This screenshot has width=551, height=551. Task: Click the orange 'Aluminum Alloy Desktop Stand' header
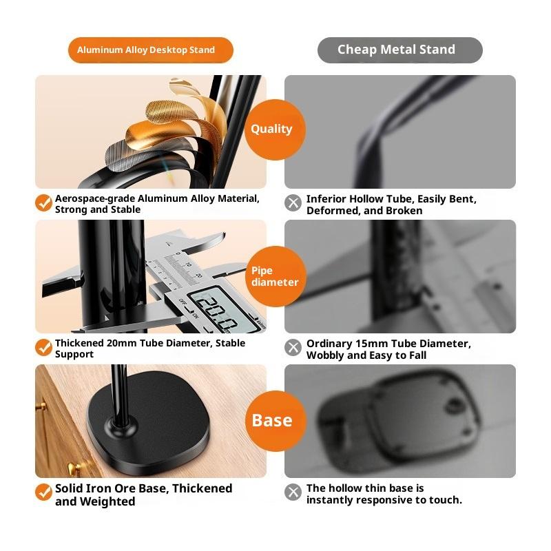tap(150, 50)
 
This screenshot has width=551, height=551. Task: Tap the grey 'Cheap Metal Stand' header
tap(400, 50)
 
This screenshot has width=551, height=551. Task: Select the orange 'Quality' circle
tap(275, 129)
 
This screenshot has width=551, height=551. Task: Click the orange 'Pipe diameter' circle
tap(275, 276)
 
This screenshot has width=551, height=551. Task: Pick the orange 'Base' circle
tap(275, 421)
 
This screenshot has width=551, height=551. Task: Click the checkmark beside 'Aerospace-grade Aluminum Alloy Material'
tap(43, 202)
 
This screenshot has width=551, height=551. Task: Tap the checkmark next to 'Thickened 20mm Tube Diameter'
tap(43, 347)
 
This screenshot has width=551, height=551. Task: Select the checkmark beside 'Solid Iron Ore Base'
tap(43, 492)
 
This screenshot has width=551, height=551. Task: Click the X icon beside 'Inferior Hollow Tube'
tap(293, 202)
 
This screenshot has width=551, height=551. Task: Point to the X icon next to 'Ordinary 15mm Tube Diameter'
tap(293, 348)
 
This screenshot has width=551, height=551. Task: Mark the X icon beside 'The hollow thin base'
tap(293, 492)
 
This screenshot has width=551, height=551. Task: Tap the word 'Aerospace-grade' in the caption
tap(95, 199)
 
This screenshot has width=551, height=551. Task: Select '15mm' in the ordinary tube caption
tap(371, 343)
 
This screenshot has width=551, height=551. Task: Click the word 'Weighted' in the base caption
tap(107, 501)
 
